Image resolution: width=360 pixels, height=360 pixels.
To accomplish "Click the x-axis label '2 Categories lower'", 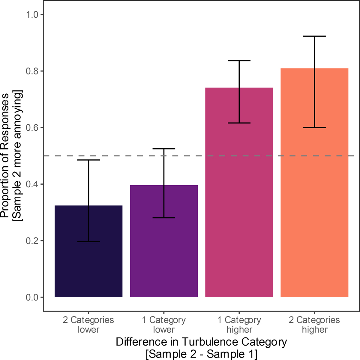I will [88, 325].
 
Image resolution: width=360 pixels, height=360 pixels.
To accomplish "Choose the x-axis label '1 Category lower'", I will [164, 325].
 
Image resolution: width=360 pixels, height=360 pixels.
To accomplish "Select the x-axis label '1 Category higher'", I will [239, 325].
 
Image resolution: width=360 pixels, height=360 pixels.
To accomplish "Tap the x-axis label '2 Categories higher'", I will [314, 325].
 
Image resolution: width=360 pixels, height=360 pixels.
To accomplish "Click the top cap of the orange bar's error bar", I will [314, 36].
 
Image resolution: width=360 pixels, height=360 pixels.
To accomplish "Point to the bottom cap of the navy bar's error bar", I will [88, 242].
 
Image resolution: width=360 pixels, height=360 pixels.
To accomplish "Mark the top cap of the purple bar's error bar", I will [164, 149].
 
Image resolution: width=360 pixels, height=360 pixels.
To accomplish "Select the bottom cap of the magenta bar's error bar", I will [239, 123].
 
